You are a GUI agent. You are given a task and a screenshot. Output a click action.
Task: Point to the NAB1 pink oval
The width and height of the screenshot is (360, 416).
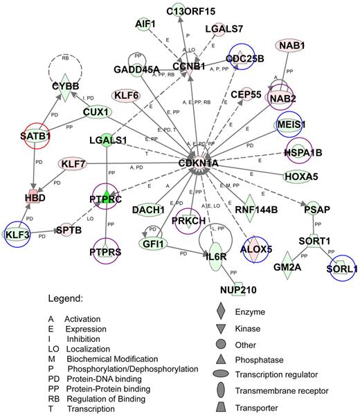pos(294,46)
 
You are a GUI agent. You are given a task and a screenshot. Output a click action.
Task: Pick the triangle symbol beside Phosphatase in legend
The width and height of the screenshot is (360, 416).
pos(219,357)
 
